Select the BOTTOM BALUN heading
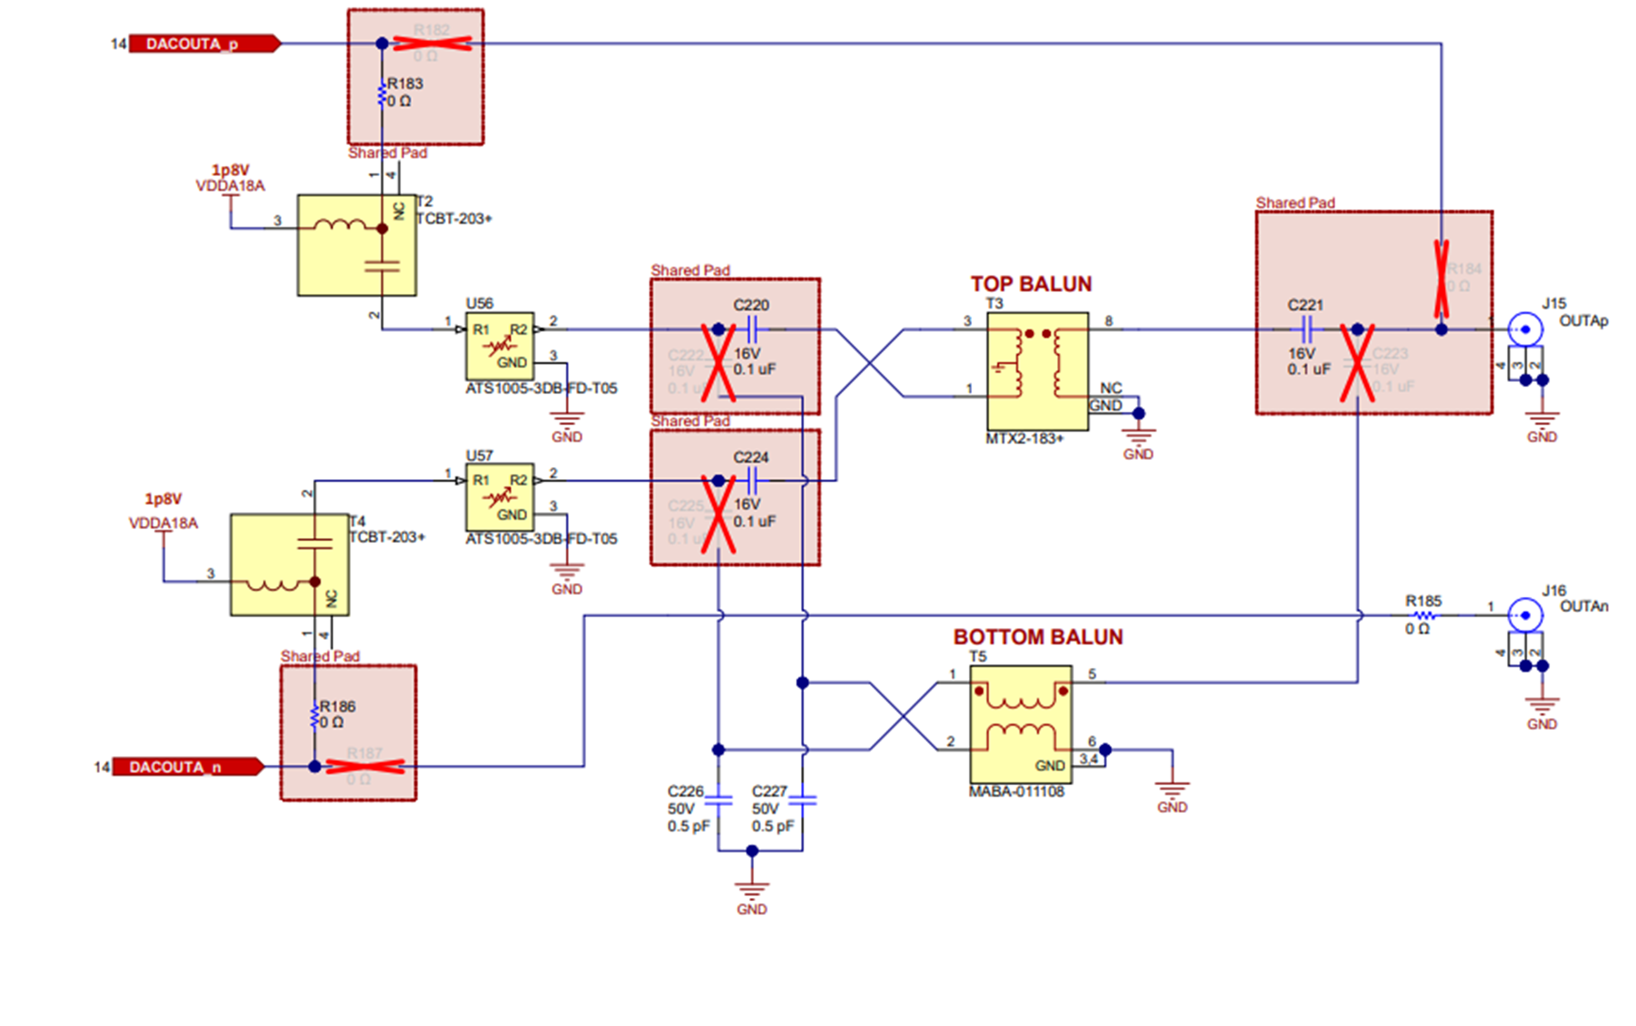coord(1038,637)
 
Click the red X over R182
coord(432,43)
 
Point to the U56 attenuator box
coord(500,346)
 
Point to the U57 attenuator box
coord(500,497)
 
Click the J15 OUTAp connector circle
coord(1525,330)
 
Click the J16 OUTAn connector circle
coord(1525,616)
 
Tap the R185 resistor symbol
coord(1424,616)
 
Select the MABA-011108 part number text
coord(1016,792)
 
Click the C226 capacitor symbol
coord(719,801)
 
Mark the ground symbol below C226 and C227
coord(752,888)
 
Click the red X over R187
coord(365,767)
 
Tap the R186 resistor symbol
coord(314,716)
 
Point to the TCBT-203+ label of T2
coord(453,219)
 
